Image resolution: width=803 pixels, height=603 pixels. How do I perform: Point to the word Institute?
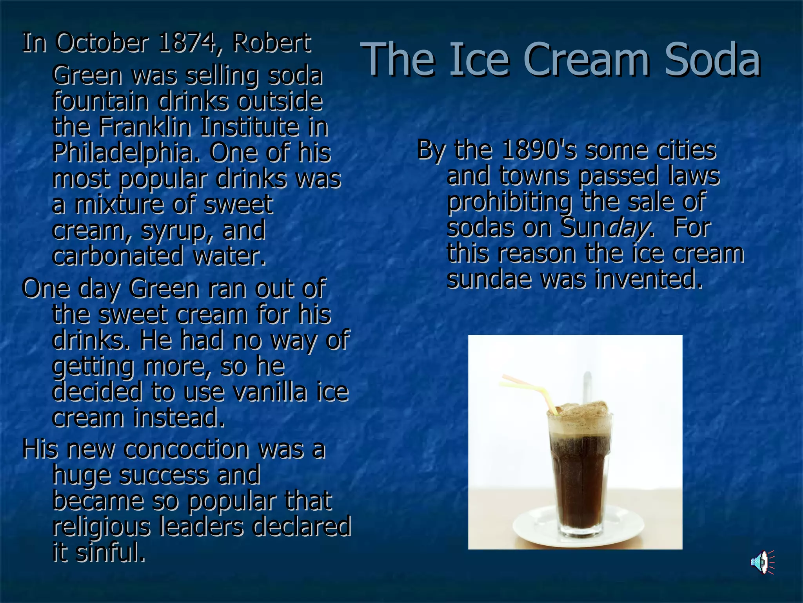click(249, 126)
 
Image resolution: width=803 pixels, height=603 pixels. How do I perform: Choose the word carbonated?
click(117, 256)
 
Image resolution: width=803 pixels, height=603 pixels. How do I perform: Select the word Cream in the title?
click(586, 60)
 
